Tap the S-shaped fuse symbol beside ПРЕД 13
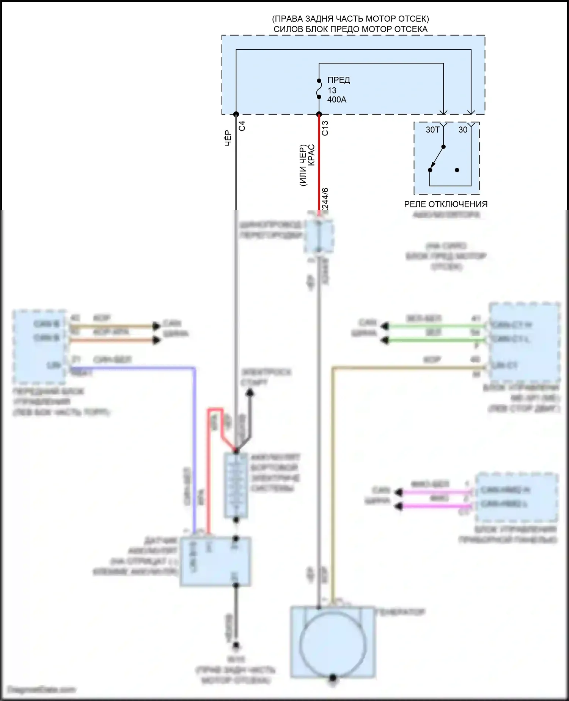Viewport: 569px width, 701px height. (x=319, y=89)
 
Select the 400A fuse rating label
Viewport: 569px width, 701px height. (x=337, y=100)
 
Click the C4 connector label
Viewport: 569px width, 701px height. (x=242, y=126)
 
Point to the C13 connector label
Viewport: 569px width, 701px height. (x=325, y=128)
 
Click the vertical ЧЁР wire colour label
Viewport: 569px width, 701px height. (x=228, y=138)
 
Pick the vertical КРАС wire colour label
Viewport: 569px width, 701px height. (x=311, y=155)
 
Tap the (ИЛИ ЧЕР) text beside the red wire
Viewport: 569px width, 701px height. (x=303, y=165)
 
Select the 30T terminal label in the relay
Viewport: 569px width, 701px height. (x=432, y=130)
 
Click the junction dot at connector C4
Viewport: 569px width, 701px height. (x=236, y=114)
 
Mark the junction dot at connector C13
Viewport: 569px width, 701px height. (x=319, y=114)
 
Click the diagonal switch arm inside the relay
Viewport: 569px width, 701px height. (x=437, y=158)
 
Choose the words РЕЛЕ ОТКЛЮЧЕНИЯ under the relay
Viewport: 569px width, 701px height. (x=446, y=204)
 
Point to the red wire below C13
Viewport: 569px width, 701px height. (x=319, y=163)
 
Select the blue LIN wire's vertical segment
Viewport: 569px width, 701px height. (x=195, y=448)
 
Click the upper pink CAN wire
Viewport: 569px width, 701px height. (x=436, y=492)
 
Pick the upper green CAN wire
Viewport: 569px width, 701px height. (x=436, y=326)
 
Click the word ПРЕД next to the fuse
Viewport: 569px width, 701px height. (x=338, y=80)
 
